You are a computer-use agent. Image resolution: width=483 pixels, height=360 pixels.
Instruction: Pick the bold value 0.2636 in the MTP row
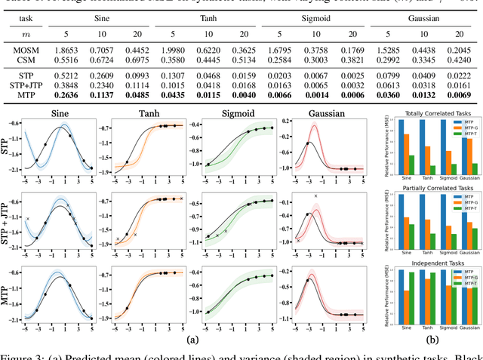tap(66, 95)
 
